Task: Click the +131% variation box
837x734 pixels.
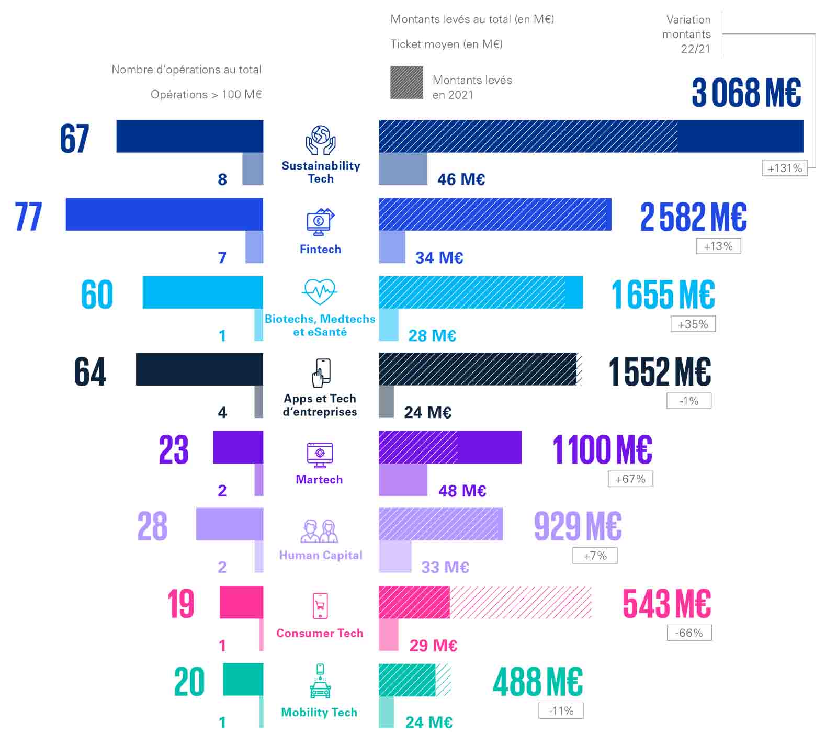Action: pos(784,168)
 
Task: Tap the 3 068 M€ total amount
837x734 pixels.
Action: pos(746,93)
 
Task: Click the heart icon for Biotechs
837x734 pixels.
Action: pos(320,291)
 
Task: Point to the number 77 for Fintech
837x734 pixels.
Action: pos(28,216)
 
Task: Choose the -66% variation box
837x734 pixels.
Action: pos(689,633)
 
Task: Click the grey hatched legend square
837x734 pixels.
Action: pos(406,83)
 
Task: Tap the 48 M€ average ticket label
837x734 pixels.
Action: pos(462,491)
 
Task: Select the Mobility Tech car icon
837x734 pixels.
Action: pos(320,682)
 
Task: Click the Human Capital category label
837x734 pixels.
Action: pos(321,555)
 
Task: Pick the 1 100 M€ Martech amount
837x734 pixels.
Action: pos(602,449)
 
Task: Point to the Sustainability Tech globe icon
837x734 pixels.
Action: pos(320,140)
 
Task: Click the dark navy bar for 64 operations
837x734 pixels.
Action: pos(199,369)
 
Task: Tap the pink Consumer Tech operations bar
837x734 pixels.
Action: pos(241,602)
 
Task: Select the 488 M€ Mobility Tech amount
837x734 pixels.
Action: pos(538,682)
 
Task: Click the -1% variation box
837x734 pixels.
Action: pos(689,401)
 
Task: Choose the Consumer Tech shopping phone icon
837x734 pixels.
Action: pos(320,605)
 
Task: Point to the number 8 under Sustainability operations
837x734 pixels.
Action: pos(222,179)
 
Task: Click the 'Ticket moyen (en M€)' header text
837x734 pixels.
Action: pos(446,44)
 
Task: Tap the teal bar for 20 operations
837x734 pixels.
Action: pos(243,679)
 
